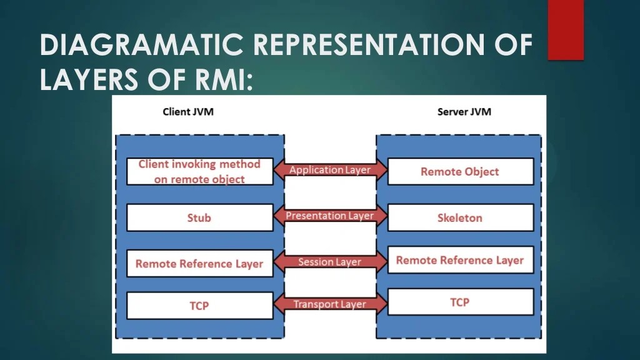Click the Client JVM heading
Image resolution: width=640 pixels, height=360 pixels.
pyautogui.click(x=188, y=112)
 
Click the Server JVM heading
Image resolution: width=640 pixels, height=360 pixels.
pyautogui.click(x=464, y=112)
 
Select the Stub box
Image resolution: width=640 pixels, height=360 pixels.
pyautogui.click(x=199, y=218)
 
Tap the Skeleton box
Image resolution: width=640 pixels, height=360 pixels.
pyautogui.click(x=460, y=218)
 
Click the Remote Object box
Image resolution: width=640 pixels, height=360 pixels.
pyautogui.click(x=460, y=172)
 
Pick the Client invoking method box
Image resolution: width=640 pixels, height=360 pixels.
pyautogui.click(x=199, y=171)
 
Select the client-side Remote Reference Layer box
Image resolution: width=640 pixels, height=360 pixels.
pyautogui.click(x=199, y=264)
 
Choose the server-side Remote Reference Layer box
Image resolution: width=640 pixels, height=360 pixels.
pyautogui.click(x=460, y=260)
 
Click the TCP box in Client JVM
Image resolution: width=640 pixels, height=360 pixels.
pyautogui.click(x=199, y=306)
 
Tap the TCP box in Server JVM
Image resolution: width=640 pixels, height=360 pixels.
pyautogui.click(x=460, y=302)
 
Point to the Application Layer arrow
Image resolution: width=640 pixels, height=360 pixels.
pyautogui.click(x=330, y=170)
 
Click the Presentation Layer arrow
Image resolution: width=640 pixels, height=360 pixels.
pyautogui.click(x=330, y=216)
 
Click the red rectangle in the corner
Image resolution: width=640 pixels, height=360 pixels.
pyautogui.click(x=566, y=29)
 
